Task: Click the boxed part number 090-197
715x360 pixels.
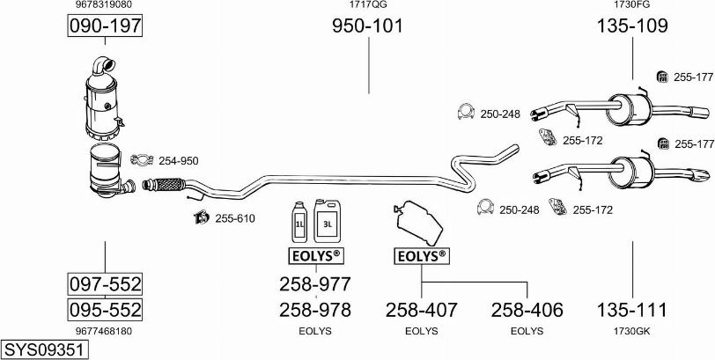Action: (x=105, y=27)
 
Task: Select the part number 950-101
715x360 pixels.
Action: (x=367, y=26)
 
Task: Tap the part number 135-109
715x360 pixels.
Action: (x=632, y=26)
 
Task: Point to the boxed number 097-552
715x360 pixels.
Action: (x=105, y=284)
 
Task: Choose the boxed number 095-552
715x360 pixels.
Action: (x=105, y=310)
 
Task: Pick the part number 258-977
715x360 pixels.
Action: (x=314, y=284)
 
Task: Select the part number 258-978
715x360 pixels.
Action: (x=314, y=310)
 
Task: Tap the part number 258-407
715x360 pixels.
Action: (x=421, y=310)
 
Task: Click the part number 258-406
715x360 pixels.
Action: (x=527, y=310)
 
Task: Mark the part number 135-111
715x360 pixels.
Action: (x=632, y=310)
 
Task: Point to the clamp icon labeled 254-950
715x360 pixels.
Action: (x=140, y=159)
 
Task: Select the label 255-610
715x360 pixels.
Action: (x=234, y=218)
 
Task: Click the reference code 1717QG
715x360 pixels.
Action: (x=367, y=5)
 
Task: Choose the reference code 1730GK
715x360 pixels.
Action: (x=632, y=331)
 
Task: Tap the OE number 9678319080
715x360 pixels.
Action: (x=105, y=5)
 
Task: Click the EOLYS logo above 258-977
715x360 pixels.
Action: (x=314, y=256)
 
